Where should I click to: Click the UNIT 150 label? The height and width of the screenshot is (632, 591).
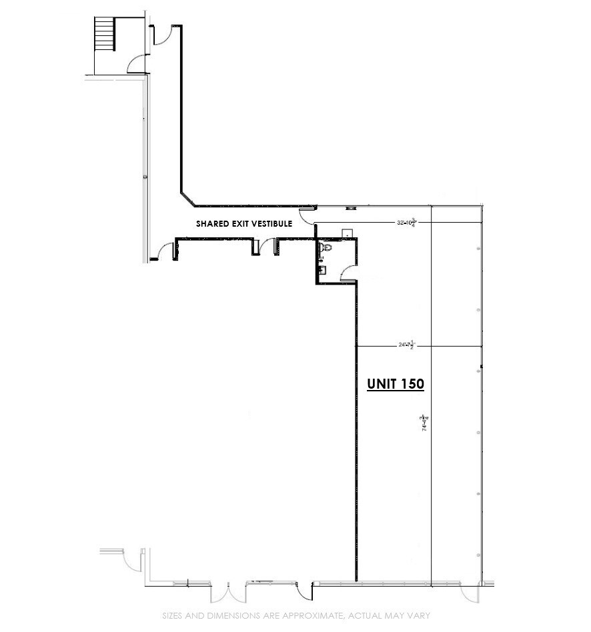(396, 384)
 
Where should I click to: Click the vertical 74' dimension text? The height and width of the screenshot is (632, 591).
(424, 425)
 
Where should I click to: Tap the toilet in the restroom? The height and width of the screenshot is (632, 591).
(326, 248)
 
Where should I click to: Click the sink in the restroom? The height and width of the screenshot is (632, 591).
(322, 270)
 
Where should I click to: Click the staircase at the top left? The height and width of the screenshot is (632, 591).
(105, 33)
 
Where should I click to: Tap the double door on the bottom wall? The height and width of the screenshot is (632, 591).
(237, 591)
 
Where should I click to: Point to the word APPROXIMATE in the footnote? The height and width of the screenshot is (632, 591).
(314, 615)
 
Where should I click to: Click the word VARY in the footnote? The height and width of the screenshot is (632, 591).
(418, 615)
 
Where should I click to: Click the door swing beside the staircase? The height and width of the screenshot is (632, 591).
(136, 64)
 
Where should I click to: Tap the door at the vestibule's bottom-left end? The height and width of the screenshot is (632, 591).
(163, 252)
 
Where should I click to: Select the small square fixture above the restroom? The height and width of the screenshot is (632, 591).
(347, 233)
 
